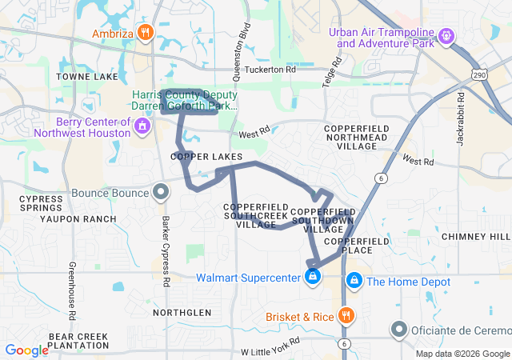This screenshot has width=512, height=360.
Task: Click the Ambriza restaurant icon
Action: [x=145, y=33]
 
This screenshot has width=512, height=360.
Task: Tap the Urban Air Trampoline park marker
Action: [x=446, y=36]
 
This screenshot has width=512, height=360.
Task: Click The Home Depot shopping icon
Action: [x=354, y=280]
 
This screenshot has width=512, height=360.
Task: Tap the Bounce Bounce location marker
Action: [x=161, y=192]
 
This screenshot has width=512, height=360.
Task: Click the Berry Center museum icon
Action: [x=142, y=126]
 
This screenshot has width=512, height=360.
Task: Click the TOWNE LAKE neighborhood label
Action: [x=87, y=76]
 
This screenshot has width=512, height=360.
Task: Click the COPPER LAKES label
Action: [x=206, y=157]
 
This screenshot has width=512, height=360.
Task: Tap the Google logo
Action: [x=26, y=350]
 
